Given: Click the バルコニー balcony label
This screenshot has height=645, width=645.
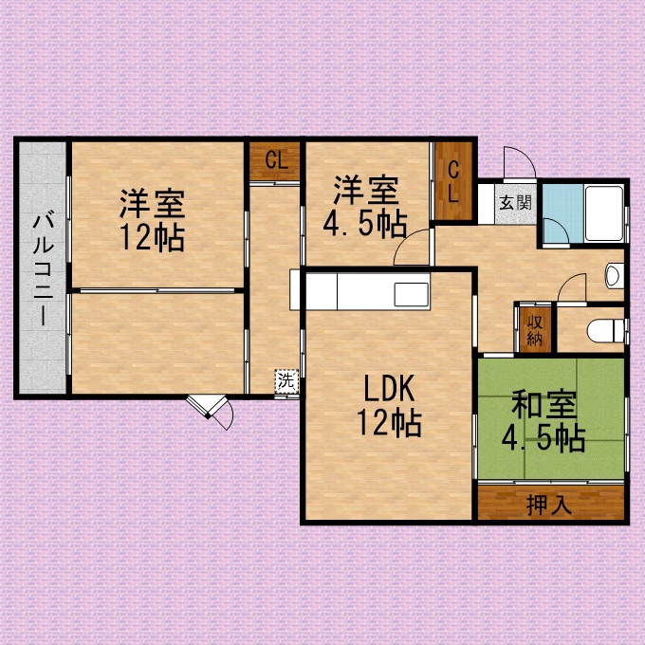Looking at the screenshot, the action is (44, 269).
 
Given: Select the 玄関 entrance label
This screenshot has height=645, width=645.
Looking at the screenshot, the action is (515, 203).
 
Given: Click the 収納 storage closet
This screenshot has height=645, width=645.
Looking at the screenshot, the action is (535, 329).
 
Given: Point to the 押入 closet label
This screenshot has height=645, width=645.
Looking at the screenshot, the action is (549, 505).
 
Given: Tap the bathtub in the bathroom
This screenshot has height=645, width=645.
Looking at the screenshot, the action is (603, 213).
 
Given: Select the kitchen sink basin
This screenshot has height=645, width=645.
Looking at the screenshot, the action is (412, 295).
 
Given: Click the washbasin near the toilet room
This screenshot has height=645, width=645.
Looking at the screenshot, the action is (615, 275).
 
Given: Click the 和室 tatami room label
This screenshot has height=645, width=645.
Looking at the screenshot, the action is (544, 406).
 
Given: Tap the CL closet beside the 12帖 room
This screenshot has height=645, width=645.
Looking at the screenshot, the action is (274, 161).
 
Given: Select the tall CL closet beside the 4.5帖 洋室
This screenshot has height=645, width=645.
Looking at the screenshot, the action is (453, 181).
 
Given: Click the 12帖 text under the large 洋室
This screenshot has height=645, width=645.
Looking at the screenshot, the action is (152, 238).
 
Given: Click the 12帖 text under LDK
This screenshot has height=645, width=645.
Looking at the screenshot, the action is (389, 422).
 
